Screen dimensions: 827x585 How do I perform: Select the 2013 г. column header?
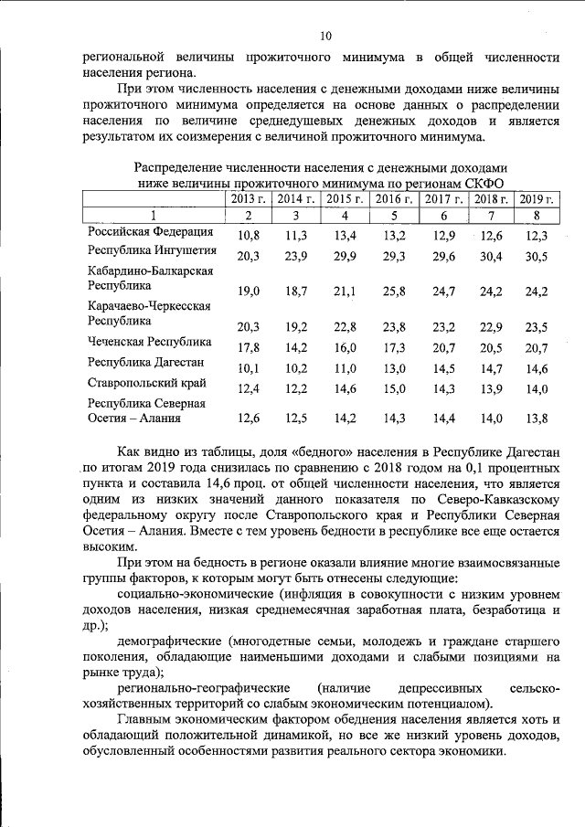248,198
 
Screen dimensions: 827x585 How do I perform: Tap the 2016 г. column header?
394,198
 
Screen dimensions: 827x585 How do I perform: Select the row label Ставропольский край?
146,383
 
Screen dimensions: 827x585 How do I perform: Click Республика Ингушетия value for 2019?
537,257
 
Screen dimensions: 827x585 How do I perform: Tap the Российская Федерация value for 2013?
249,237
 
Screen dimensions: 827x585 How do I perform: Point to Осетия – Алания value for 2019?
537,419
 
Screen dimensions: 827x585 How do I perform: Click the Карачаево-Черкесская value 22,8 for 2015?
346,327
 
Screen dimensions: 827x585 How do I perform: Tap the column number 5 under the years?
394,216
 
